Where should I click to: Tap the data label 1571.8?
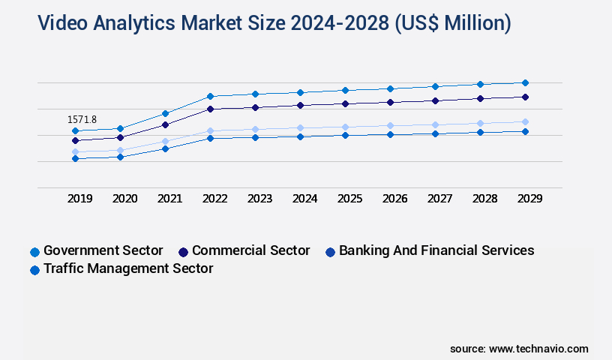82,119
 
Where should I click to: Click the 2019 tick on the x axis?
79,199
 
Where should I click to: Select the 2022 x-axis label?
214,199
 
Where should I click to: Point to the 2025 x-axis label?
349,199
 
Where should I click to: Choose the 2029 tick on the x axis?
529,199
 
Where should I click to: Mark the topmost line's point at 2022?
210,96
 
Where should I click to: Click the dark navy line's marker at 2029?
525,97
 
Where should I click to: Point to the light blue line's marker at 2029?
525,121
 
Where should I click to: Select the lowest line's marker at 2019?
75,158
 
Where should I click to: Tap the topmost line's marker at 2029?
525,82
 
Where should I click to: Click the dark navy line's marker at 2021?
165,124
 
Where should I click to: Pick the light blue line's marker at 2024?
300,127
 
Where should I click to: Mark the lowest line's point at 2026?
390,134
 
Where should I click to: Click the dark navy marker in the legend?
183,251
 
